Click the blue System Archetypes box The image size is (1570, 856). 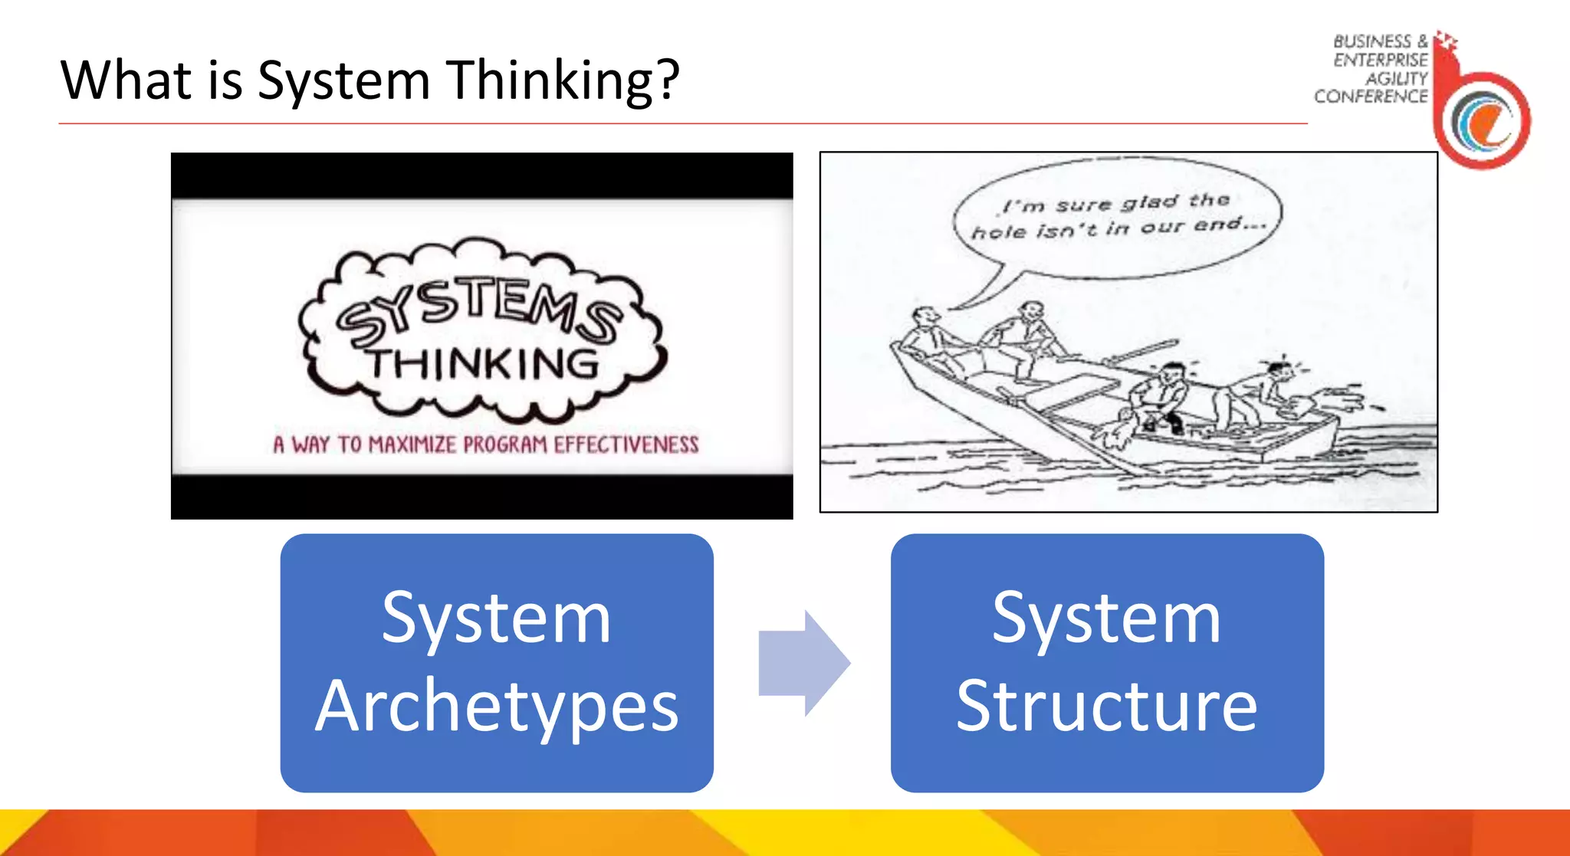497,663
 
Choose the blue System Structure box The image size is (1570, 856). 1107,663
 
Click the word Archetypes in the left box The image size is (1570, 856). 497,706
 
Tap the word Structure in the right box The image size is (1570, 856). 1107,706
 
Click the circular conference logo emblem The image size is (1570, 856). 1484,121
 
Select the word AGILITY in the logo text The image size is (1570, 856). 1397,78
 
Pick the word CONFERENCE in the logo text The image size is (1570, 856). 1371,97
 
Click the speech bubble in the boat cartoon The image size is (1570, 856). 1118,218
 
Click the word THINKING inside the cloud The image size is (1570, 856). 483,364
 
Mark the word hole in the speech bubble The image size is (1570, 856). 999,231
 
